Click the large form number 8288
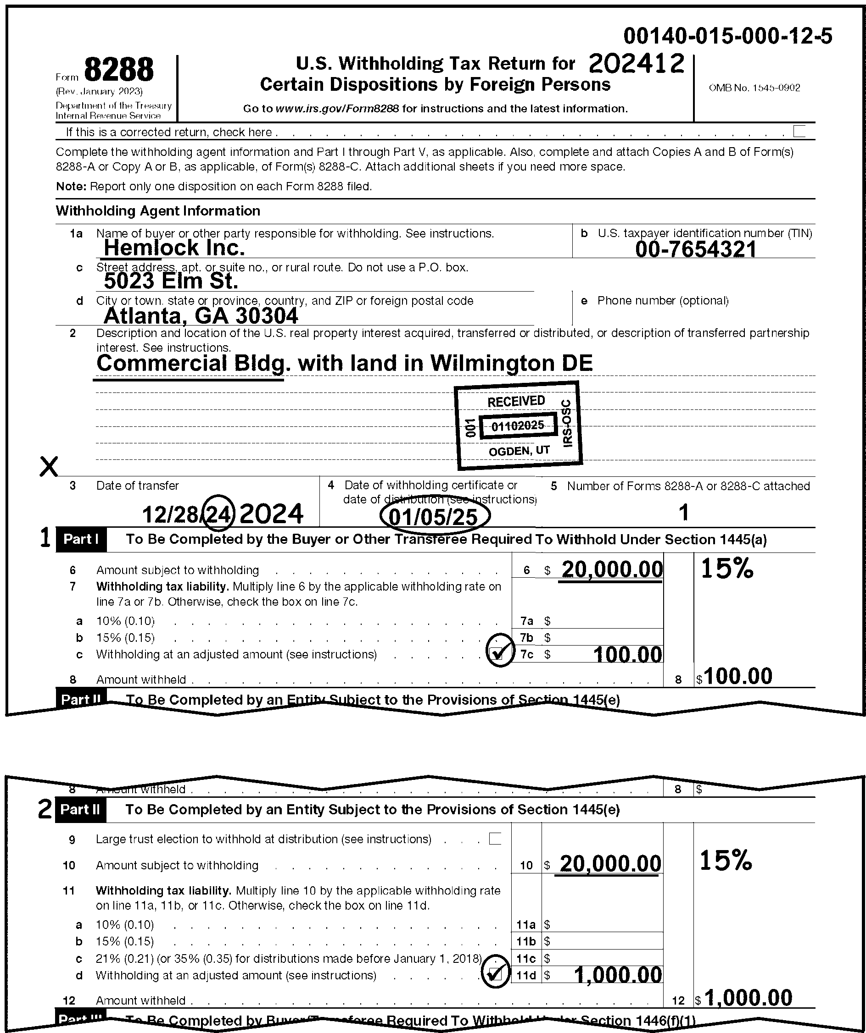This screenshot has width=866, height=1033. click(119, 70)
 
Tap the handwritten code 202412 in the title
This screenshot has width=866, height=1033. click(636, 64)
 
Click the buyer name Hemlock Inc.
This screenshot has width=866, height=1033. click(174, 248)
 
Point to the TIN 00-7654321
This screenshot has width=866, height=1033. click(695, 249)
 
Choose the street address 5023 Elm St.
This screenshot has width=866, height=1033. click(171, 281)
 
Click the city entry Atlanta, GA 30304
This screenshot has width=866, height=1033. click(201, 316)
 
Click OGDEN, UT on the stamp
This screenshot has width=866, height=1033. click(519, 451)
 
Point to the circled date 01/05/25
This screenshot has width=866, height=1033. click(434, 516)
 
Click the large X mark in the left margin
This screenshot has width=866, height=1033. click(48, 466)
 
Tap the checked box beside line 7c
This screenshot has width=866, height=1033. click(498, 653)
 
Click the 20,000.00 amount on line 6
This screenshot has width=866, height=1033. click(612, 569)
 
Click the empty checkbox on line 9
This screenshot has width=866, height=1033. click(495, 839)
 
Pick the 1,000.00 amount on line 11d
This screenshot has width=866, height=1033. click(618, 974)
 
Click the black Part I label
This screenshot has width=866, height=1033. click(81, 539)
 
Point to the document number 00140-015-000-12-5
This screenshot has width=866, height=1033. click(728, 36)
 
